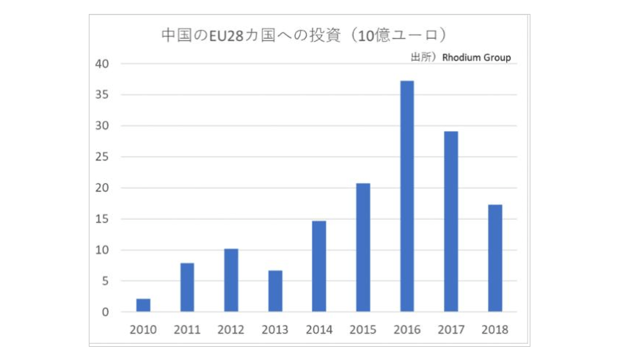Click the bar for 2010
[143, 305]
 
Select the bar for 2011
[187, 287]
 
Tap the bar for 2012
[231, 280]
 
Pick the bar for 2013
[275, 291]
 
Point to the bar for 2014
[319, 266]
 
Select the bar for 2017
[451, 221]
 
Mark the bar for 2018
[495, 258]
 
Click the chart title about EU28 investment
[304, 35]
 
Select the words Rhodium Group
[476, 58]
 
